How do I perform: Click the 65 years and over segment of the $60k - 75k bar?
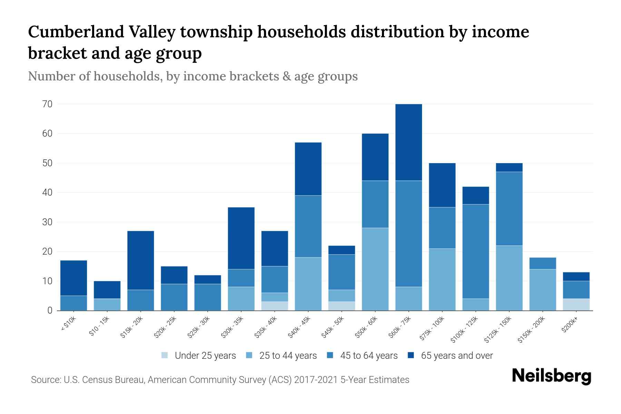(x=408, y=142)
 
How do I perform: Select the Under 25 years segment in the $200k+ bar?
(x=576, y=305)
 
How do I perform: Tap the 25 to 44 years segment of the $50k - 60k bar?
(x=375, y=269)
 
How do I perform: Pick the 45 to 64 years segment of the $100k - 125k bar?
(x=475, y=252)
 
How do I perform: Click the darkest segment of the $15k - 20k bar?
(x=140, y=260)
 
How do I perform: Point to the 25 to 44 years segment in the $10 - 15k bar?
(x=107, y=305)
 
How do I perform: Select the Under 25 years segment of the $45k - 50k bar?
(x=342, y=306)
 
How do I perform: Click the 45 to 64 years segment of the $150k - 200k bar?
(x=542, y=263)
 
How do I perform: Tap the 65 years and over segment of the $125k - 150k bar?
(x=509, y=167)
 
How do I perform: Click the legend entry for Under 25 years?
(x=199, y=356)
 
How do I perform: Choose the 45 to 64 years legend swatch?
(x=330, y=355)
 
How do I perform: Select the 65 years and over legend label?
(x=456, y=356)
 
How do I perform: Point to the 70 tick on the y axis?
(x=47, y=104)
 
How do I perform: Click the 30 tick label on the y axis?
(x=47, y=222)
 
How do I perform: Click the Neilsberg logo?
(x=551, y=376)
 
